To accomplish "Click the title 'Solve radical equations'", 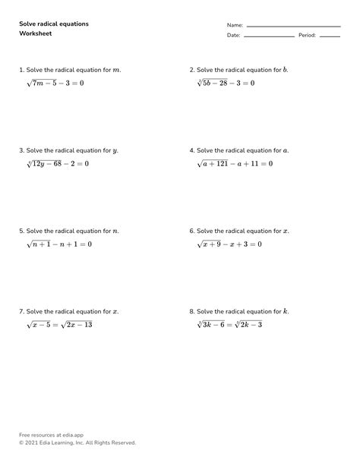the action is pos(54,24).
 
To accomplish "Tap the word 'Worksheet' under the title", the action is pos(36,34).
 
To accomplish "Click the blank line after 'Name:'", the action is pos(293,26).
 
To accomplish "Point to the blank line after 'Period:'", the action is pos(330,36).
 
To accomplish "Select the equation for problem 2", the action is pos(226,83).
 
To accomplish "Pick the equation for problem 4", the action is pos(235,163).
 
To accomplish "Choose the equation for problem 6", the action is pos(229,244).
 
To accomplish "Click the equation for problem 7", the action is pos(59,325).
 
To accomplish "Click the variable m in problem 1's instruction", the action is pos(115,70).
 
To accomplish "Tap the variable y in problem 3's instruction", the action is pos(115,151).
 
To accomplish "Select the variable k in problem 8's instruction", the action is pos(286,311).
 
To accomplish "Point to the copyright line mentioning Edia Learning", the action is pos(77,442).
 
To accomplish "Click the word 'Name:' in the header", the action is pos(235,26).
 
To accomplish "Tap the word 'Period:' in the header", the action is pos(307,36).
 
